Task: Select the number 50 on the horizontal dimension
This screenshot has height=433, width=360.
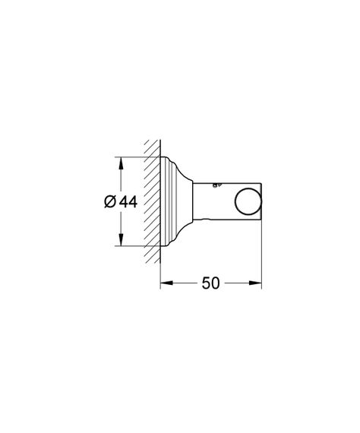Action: pyautogui.click(x=210, y=283)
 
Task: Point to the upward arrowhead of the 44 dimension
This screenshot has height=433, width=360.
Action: pyautogui.click(x=117, y=161)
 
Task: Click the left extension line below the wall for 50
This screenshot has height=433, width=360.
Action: pyautogui.click(x=160, y=273)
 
